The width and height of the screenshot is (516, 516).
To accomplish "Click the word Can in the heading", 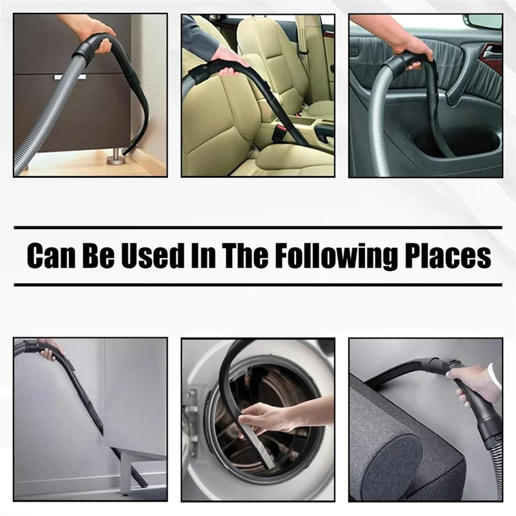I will [52, 256].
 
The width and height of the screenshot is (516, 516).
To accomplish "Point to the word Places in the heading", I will [451, 256].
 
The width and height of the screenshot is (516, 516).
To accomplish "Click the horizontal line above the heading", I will [258, 228].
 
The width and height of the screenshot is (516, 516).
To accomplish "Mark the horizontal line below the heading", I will [258, 284].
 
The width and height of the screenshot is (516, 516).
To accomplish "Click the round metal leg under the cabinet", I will [116, 157].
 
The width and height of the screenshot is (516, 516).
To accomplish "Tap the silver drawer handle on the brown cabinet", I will [70, 77].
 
